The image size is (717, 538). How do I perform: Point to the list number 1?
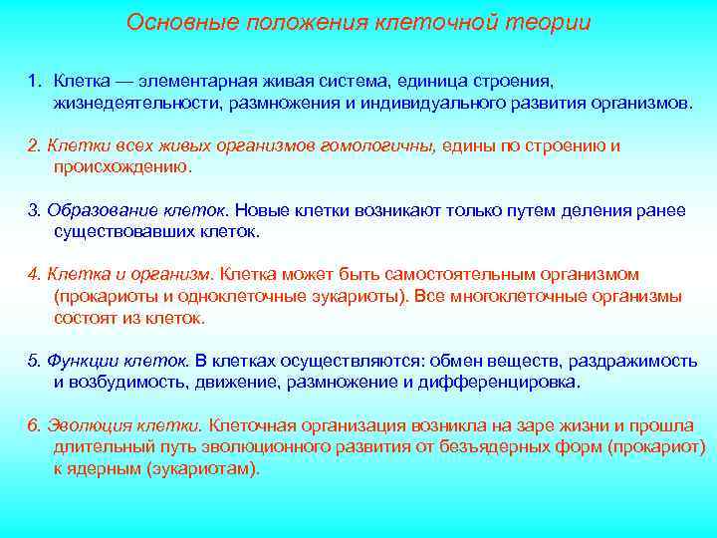[x=33, y=78]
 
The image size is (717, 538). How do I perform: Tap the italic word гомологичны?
[x=377, y=146]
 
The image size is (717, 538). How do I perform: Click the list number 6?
[x=33, y=425]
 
